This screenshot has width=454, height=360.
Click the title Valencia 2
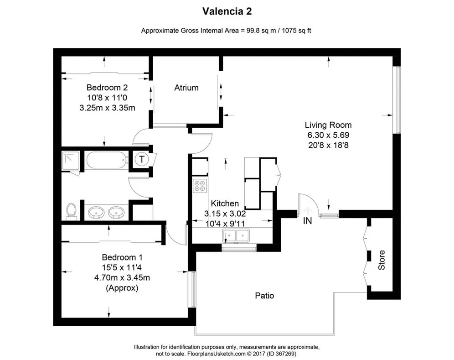coord(226,10)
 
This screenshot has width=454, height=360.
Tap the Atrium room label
coord(186,88)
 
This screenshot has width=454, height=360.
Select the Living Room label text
coord(328,125)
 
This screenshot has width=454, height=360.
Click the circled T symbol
coord(142,159)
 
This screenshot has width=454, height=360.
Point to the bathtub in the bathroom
coord(106,160)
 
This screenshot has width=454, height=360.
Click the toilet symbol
coord(71,211)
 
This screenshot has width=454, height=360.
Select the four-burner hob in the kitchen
coord(200,185)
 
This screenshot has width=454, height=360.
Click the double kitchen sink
coord(236,236)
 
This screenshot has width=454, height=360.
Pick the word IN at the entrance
coord(308,221)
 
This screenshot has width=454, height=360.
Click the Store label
coord(382,260)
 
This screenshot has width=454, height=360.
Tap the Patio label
coord(264,296)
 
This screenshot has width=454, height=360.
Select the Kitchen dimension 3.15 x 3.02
coord(225,214)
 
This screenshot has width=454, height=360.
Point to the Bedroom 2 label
coord(107,88)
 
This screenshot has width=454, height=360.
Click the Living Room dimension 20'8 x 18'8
coord(328,145)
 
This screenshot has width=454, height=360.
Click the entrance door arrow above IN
coord(307,210)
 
